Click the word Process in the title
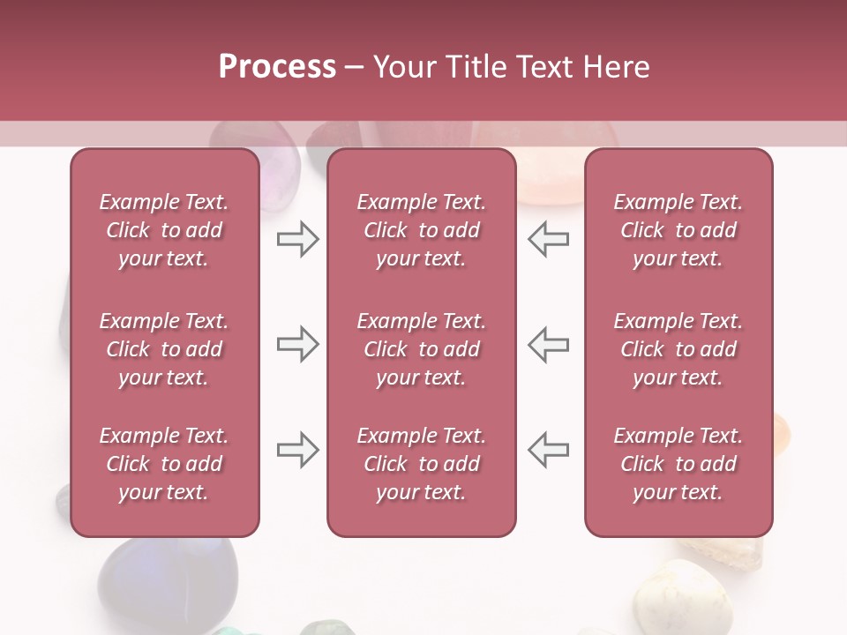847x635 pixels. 277,67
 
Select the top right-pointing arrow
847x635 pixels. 297,239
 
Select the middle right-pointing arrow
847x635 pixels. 297,344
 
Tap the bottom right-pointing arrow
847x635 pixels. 297,450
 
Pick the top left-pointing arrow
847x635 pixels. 549,239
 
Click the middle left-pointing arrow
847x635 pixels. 549,344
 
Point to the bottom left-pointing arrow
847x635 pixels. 549,450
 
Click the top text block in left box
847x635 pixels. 164,230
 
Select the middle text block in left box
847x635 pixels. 164,349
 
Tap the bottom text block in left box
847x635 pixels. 164,464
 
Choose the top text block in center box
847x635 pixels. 421,230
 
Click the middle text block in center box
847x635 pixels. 421,349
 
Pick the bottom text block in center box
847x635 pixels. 421,464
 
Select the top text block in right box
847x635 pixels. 678,230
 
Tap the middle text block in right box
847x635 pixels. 678,349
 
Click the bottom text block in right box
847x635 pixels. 678,464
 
